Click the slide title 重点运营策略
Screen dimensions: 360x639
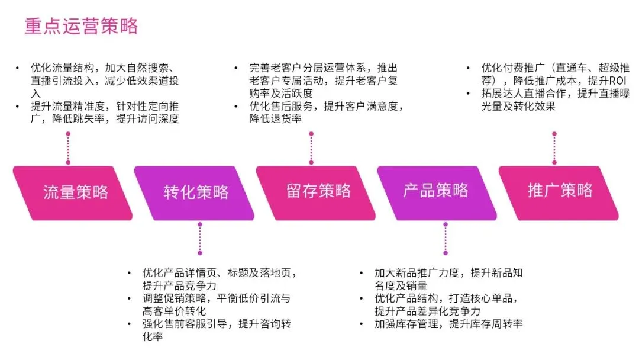point(81,26)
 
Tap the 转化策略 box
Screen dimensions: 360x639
point(196,192)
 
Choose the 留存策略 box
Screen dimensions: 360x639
point(318,191)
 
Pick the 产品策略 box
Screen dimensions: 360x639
point(436,191)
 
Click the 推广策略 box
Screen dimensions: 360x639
point(560,191)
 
